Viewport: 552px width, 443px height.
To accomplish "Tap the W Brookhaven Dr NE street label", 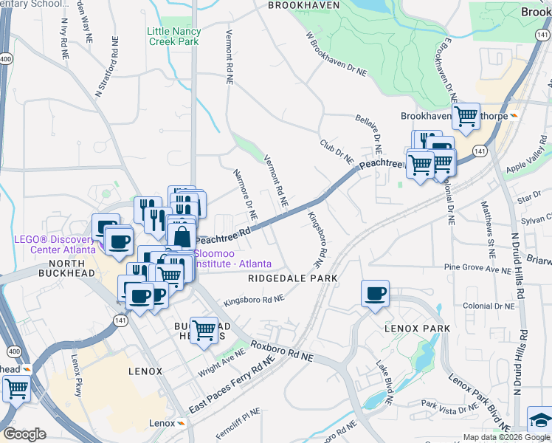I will pos(335,55).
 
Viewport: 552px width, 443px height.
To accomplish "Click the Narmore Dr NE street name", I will pos(244,193).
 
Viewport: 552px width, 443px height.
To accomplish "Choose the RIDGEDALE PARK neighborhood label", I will pos(293,278).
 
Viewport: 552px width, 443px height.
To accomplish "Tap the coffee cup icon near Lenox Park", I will pos(375,294).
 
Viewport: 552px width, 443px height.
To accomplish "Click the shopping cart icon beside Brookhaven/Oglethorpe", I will pos(466,116).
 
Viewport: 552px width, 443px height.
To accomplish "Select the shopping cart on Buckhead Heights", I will pos(204,331).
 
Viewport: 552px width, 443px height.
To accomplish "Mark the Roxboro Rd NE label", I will pos(281,351).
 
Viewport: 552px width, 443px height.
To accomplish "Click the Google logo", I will pos(24,434).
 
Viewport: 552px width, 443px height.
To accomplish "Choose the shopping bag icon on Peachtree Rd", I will pos(182,237).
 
